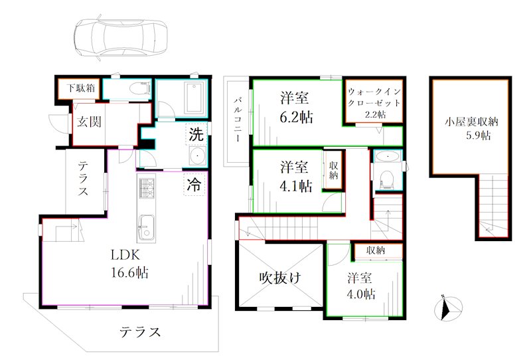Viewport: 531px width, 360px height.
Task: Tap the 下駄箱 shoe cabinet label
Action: pos(80,88)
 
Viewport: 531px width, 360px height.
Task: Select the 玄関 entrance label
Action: pos(89,122)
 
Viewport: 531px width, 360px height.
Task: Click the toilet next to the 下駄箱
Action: pos(140,89)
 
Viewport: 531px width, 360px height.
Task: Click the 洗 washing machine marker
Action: pos(196,135)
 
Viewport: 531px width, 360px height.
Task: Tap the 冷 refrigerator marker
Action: pos(194,185)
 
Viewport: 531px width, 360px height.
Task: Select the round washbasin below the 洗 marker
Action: pos(197,156)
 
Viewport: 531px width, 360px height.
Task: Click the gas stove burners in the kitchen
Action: pos(146,186)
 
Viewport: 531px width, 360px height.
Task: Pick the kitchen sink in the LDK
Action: pos(146,226)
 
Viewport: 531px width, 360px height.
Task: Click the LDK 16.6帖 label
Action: pos(129,264)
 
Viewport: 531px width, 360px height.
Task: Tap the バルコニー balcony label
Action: pos(238,120)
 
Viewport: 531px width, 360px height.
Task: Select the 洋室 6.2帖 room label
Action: pos(296,108)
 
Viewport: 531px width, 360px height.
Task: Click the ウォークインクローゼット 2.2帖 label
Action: pos(374,103)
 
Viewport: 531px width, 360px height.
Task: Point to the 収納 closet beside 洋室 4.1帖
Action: pos(333,170)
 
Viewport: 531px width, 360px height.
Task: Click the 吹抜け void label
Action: pos(280,278)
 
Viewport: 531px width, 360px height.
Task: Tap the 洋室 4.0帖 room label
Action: pos(360,286)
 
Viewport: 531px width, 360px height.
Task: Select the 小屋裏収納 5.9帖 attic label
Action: pos(472,128)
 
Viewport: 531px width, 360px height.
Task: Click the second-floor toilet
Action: pos(387,179)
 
